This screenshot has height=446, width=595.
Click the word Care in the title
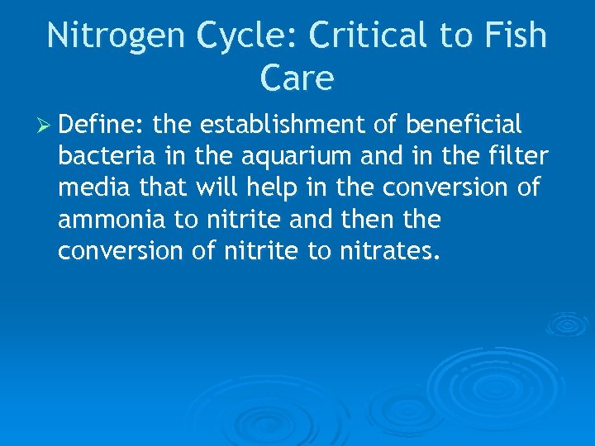point(297,78)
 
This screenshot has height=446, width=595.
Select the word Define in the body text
point(102,126)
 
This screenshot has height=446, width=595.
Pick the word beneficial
point(464,126)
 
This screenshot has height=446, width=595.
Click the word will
point(217,188)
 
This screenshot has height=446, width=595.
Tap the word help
point(274,188)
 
